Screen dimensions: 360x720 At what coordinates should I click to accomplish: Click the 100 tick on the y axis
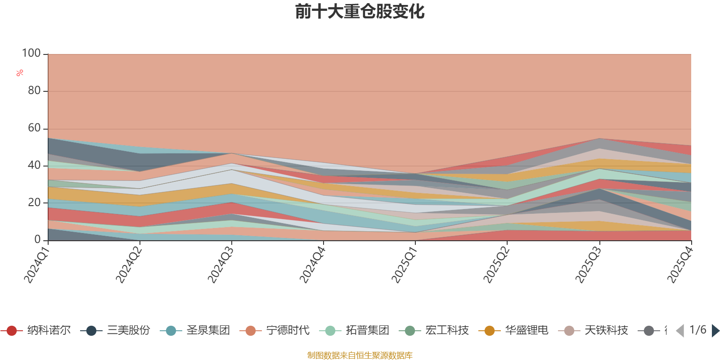click(x=31, y=54)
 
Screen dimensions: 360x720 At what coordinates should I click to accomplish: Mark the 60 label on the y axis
click(x=34, y=128)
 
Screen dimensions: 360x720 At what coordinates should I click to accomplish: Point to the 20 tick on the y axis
click(x=34, y=202)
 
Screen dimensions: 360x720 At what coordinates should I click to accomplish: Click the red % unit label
click(x=20, y=73)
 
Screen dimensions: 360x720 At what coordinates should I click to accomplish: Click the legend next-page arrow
click(x=715, y=331)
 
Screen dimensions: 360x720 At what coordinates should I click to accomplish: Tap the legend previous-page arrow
click(x=680, y=331)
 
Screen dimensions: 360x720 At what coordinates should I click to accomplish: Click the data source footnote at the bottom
click(x=360, y=355)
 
